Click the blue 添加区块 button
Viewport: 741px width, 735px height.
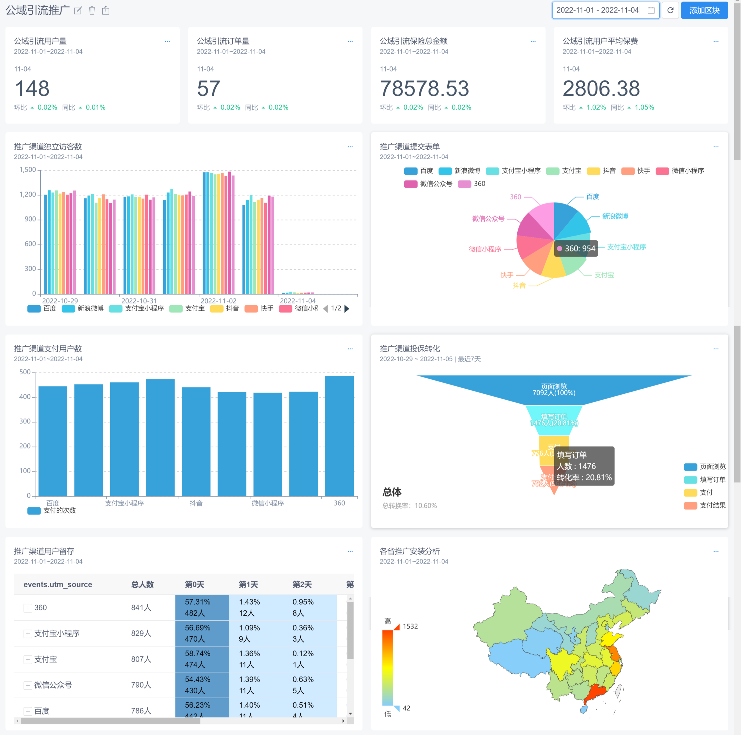tap(704, 10)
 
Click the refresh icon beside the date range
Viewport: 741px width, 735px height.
tap(670, 10)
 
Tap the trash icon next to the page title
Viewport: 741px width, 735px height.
tap(92, 10)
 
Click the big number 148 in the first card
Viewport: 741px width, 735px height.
tap(32, 89)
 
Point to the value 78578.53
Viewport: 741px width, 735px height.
tap(424, 89)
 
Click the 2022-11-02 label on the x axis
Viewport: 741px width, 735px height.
tap(219, 301)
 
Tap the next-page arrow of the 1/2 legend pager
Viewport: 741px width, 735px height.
tap(347, 308)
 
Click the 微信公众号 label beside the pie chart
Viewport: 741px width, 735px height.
tap(488, 219)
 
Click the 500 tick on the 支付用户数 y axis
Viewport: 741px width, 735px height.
tap(25, 372)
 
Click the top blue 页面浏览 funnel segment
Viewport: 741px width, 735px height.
tap(554, 389)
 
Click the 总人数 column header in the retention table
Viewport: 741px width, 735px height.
tap(142, 584)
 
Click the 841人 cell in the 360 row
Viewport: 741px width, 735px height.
tap(141, 608)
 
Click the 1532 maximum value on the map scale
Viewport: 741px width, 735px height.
tap(410, 626)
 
